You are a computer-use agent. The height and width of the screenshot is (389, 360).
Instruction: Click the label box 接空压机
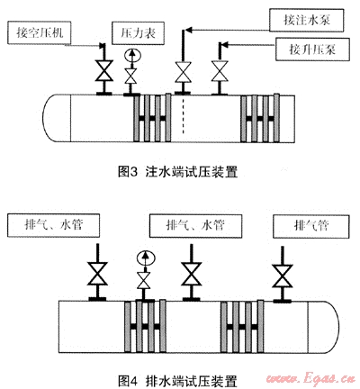tap(40, 32)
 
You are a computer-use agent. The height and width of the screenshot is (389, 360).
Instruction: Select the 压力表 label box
tap(139, 33)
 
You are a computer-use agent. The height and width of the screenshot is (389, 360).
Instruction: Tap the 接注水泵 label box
tap(306, 20)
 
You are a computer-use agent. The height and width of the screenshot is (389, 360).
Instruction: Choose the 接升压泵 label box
tap(312, 50)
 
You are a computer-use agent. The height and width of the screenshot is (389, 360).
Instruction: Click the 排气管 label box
tap(311, 226)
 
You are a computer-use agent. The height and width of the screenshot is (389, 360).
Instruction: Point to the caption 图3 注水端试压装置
tap(178, 172)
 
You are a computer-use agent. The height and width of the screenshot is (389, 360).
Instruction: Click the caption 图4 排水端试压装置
tap(177, 381)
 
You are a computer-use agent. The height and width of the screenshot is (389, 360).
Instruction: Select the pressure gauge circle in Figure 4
tap(145, 258)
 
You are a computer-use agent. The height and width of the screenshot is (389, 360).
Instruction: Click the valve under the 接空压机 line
tap(103, 70)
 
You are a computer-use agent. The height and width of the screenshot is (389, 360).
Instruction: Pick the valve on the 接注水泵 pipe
tap(183, 72)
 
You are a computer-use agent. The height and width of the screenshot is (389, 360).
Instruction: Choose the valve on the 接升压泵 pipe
tap(220, 71)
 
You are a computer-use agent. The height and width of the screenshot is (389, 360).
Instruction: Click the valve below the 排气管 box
tap(282, 276)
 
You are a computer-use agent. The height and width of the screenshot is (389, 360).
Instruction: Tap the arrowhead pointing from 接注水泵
tap(188, 30)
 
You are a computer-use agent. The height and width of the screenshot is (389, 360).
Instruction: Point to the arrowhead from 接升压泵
tap(224, 45)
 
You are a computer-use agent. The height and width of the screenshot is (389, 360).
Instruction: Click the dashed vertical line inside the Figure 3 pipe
tap(183, 115)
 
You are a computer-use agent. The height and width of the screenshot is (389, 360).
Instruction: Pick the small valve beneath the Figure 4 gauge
tap(144, 281)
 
